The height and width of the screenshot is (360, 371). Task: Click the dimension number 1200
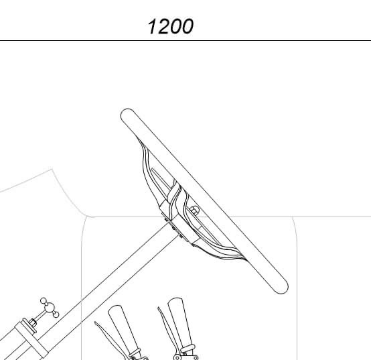(170, 26)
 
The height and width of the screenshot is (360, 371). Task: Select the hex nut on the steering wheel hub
(194, 211)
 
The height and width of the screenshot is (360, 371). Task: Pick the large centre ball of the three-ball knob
(50, 308)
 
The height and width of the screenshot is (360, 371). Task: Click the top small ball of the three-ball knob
(44, 301)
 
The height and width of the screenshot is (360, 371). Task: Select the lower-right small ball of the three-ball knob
(56, 314)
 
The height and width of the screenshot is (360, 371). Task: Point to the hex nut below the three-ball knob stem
(33, 323)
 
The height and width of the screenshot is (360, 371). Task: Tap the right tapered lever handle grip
(180, 322)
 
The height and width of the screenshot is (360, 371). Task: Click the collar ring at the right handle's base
(188, 349)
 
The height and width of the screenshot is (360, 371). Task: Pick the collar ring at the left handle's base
(135, 353)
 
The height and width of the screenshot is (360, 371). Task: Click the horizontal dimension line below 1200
(185, 40)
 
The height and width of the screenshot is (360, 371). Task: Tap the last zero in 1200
(187, 27)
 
